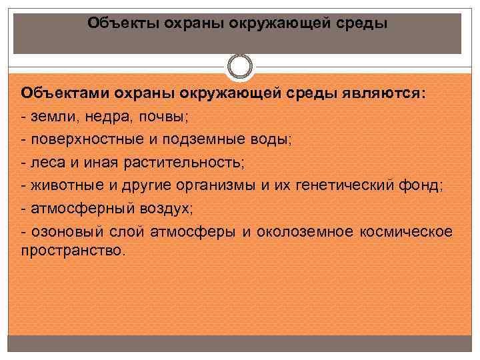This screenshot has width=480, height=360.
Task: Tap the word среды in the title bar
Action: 361,24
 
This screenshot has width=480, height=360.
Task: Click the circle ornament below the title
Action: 240,67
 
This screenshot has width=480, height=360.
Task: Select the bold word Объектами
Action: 65,93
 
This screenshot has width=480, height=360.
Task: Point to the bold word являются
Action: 384,93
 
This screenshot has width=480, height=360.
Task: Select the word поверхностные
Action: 87,140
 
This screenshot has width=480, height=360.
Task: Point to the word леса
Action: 49,163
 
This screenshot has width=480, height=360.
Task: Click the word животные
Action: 67,186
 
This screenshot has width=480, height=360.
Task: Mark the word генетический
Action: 345,186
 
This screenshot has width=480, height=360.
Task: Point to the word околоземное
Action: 305,232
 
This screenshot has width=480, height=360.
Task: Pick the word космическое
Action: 406,232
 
